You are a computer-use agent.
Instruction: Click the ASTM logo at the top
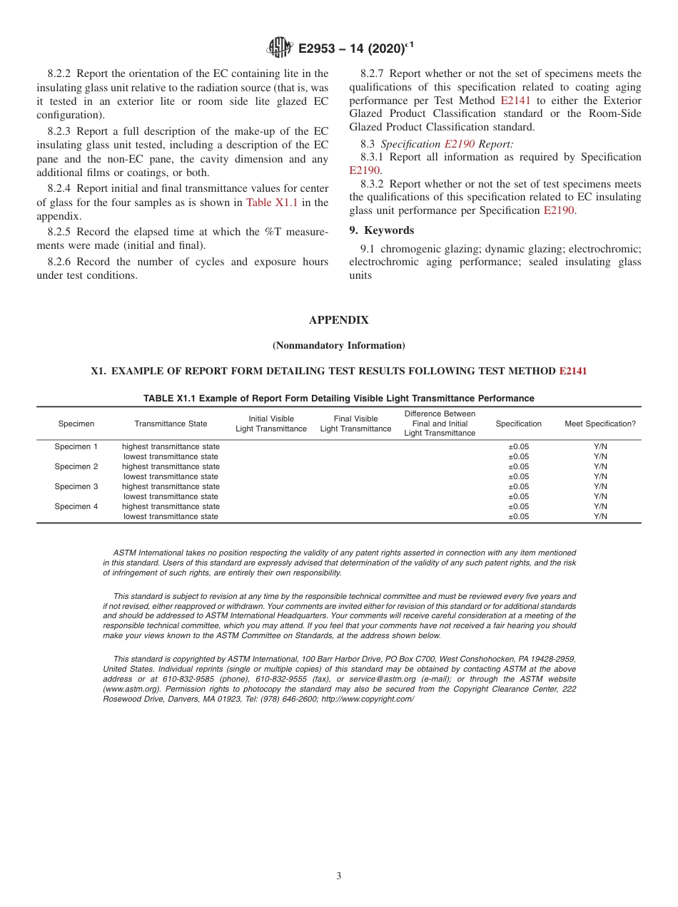click(x=280, y=48)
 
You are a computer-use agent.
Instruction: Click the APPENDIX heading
click(x=338, y=320)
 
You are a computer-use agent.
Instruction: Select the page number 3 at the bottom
click(x=339, y=876)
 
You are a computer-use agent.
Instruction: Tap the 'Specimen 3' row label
click(x=76, y=486)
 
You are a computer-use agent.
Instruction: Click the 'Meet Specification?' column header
click(x=599, y=424)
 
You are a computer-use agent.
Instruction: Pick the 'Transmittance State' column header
click(x=171, y=424)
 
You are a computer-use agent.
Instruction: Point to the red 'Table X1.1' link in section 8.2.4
click(x=271, y=203)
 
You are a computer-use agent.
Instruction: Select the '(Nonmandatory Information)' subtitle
click(x=338, y=345)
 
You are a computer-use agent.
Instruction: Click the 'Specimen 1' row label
click(x=76, y=446)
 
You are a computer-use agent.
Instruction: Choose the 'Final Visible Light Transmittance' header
click(x=355, y=424)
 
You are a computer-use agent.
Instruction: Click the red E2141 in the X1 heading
click(x=572, y=371)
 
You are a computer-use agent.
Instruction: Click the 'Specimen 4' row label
click(x=76, y=506)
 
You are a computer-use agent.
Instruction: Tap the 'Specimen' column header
click(x=76, y=424)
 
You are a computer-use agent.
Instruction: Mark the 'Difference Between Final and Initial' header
click(x=440, y=424)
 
